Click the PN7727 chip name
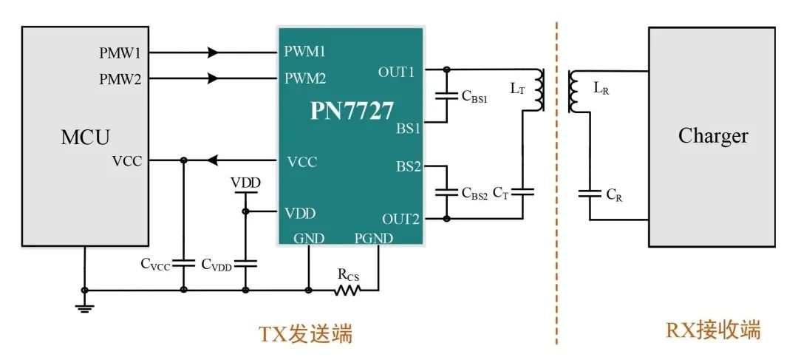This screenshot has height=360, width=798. click(352, 111)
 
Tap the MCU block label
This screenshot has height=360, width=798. click(85, 137)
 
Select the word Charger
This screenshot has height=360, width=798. click(713, 136)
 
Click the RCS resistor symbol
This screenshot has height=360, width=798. click(347, 291)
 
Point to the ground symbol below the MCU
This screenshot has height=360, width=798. click(84, 307)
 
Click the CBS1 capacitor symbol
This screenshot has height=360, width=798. click(446, 95)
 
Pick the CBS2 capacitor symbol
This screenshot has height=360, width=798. click(446, 193)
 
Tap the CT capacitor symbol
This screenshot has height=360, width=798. click(522, 192)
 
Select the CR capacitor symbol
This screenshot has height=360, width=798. click(590, 193)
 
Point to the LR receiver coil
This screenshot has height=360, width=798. click(573, 92)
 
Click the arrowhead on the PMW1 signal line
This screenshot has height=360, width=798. click(214, 52)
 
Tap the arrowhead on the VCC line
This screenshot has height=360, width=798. click(214, 160)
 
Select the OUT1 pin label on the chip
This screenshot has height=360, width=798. click(396, 72)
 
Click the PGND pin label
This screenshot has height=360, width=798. click(374, 238)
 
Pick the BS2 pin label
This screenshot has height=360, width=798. click(409, 166)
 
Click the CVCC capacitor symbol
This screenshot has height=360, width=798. click(184, 264)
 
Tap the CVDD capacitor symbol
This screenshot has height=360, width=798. click(245, 264)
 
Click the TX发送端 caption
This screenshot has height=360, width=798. click(305, 334)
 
